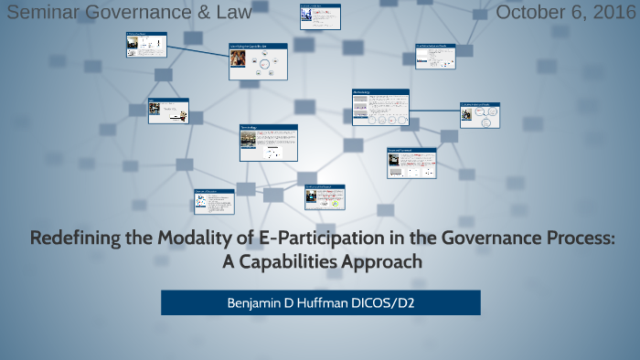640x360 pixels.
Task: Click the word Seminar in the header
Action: (42, 13)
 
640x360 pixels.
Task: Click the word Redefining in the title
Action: (76, 239)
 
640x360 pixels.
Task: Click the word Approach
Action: (389, 261)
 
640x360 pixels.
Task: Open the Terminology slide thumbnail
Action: (268, 142)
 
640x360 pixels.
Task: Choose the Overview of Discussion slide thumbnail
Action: (212, 202)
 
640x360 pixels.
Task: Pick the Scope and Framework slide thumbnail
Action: (411, 163)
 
